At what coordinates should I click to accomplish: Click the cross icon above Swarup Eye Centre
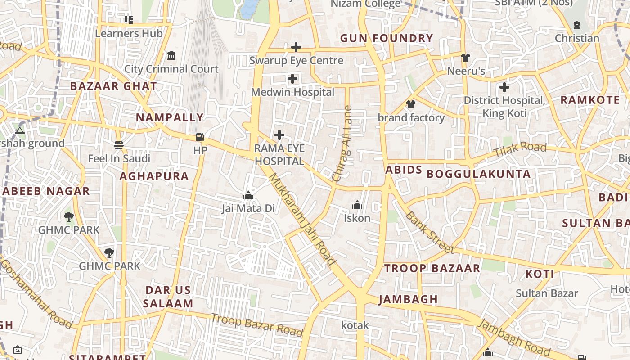[x=296, y=47]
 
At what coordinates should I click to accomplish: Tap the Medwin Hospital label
[x=292, y=92]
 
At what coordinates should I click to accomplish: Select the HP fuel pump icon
[x=200, y=137]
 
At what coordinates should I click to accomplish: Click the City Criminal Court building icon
[x=171, y=55]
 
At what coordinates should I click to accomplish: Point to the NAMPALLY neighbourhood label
[x=170, y=117]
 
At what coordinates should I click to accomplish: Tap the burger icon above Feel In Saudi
[x=119, y=145]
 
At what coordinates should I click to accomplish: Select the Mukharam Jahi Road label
[x=302, y=219]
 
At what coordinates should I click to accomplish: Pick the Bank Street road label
[x=429, y=232]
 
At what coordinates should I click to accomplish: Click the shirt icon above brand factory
[x=410, y=104]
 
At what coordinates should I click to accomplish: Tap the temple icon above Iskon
[x=357, y=205]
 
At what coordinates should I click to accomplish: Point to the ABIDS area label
[x=404, y=170]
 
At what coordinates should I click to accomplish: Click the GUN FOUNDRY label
[x=387, y=38]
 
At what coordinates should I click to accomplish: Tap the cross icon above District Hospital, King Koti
[x=504, y=87]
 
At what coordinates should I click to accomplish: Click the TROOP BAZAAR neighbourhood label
[x=432, y=268]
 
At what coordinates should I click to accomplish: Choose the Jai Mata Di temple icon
[x=248, y=195]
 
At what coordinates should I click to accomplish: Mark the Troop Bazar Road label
[x=257, y=325]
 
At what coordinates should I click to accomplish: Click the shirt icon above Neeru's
[x=465, y=57]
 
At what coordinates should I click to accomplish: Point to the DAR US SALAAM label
[x=168, y=297]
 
